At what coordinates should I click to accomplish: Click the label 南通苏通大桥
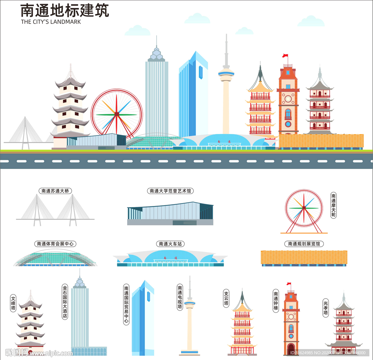point(55,190)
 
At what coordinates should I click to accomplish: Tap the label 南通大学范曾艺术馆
point(170,190)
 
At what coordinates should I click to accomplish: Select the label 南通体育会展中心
point(56,244)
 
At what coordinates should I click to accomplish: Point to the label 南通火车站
point(170,244)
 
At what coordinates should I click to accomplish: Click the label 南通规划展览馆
point(304,244)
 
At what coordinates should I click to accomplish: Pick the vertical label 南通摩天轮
point(333,205)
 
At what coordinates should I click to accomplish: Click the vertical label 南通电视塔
point(180,297)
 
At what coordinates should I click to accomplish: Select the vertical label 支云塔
point(226,298)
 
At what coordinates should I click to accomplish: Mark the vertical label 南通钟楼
point(276,301)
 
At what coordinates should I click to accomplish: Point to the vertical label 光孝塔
point(326,308)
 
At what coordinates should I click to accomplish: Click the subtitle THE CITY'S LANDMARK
point(51,22)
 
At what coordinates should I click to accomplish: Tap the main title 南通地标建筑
point(64,11)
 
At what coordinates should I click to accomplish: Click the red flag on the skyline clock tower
point(285,56)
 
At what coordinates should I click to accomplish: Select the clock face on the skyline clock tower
point(288,98)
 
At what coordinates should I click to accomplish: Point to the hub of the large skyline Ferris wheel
point(117,114)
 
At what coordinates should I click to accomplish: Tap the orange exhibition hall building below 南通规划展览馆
point(304,257)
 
